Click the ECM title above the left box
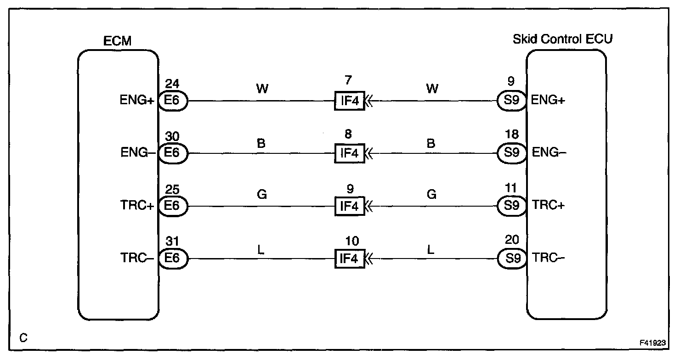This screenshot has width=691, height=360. [118, 41]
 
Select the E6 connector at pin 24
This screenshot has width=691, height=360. [173, 101]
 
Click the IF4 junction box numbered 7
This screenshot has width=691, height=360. [349, 101]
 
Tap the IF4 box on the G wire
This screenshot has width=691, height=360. [349, 206]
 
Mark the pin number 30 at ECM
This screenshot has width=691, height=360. [172, 136]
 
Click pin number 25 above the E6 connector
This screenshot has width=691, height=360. [172, 189]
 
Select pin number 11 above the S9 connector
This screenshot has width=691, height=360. [511, 188]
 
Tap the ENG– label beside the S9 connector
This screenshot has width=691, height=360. [549, 153]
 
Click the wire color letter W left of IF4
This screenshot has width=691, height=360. [261, 89]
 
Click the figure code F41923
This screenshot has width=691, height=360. [653, 343]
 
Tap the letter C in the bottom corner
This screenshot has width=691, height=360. [23, 338]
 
